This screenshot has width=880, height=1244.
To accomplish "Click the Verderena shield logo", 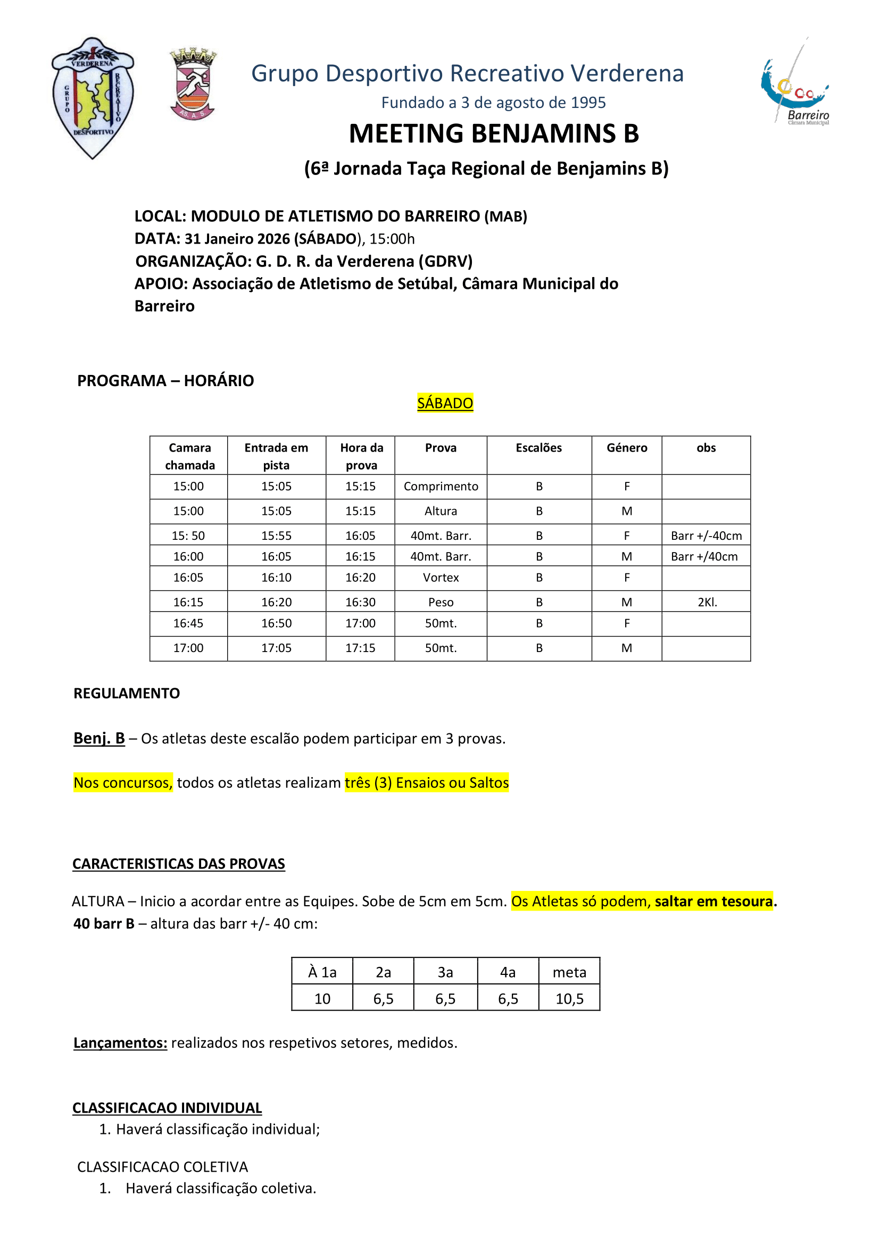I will (93, 97).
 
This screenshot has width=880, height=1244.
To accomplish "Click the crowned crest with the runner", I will (193, 84).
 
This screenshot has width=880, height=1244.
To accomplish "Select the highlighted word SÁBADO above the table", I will (445, 403).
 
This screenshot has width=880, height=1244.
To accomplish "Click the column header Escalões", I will (538, 447).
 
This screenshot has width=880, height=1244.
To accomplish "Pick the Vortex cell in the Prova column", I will (441, 578).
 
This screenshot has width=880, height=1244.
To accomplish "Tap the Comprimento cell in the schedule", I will (441, 487).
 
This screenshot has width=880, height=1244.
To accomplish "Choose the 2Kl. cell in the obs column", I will (707, 603).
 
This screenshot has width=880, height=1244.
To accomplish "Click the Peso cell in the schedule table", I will (441, 603).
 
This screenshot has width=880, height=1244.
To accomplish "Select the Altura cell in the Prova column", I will (441, 511).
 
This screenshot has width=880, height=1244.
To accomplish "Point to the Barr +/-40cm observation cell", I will (706, 536).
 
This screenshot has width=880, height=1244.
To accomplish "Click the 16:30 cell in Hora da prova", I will (360, 603).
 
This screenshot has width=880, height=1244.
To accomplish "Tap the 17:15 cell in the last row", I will (360, 648).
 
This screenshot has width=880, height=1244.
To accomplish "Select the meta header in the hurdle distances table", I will (569, 973).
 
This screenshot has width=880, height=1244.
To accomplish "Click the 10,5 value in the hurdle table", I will (569, 999).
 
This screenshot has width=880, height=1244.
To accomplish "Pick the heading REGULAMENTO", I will (126, 694).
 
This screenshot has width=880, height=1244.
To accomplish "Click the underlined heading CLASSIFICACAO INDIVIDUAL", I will (167, 1108).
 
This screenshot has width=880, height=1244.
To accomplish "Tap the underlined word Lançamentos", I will (120, 1043).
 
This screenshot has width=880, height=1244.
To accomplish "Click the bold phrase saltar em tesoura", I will (713, 901).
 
